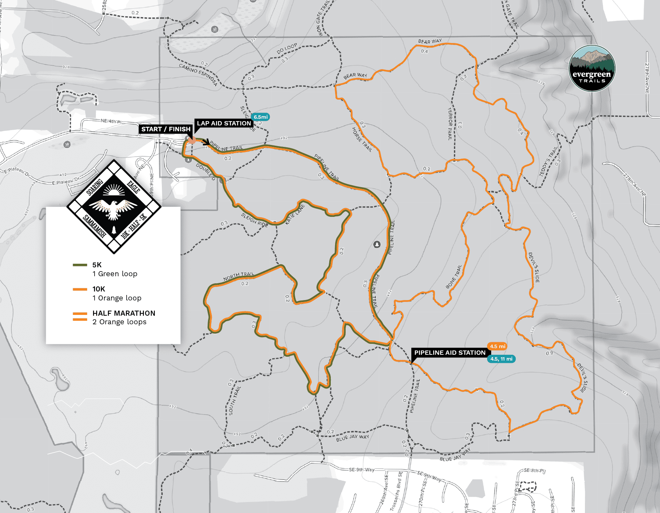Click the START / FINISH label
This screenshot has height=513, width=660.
click(166, 129)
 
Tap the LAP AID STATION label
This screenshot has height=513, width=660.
click(224, 123)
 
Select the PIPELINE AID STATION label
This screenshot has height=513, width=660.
click(450, 353)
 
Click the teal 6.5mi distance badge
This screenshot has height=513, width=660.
click(260, 117)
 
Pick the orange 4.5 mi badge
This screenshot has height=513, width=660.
click(497, 346)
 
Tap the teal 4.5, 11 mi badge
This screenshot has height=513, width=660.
click(501, 359)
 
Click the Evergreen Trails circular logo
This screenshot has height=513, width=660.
click(592, 69)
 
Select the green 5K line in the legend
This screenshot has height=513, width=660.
click(80, 265)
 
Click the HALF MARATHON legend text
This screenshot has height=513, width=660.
click(124, 313)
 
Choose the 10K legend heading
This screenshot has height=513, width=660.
click(99, 289)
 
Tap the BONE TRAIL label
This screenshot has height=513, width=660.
click(454, 277)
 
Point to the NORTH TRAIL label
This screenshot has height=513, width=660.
click(239, 276)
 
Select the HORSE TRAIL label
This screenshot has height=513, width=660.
click(362, 139)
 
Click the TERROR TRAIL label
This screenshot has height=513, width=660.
click(450, 124)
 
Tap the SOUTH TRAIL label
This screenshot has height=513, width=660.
click(235, 400)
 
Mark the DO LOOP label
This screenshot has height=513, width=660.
click(287, 48)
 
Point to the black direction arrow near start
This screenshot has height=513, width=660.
click(206, 143)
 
